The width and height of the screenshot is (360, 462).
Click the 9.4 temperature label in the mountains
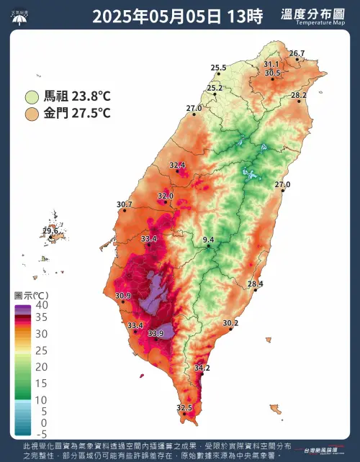[208, 239]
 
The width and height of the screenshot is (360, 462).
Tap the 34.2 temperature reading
[202, 368]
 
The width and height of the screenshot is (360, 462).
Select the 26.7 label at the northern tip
[297, 53]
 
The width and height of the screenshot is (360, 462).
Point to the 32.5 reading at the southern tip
[184, 408]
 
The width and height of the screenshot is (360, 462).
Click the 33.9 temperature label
[156, 333]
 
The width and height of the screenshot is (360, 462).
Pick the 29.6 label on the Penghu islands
[50, 231]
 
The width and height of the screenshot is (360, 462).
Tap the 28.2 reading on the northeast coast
[298, 95]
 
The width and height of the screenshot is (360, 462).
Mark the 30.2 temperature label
[230, 323]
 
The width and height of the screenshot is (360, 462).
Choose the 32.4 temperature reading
[177, 166]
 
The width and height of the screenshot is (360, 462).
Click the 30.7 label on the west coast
[124, 205]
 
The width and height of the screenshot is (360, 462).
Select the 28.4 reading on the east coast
[255, 284]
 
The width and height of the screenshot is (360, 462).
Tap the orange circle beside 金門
[32, 114]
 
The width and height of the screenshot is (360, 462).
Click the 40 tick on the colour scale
[42, 304]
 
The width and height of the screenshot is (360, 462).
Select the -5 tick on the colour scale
[42, 434]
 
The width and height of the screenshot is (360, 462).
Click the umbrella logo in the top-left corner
[20, 16]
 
